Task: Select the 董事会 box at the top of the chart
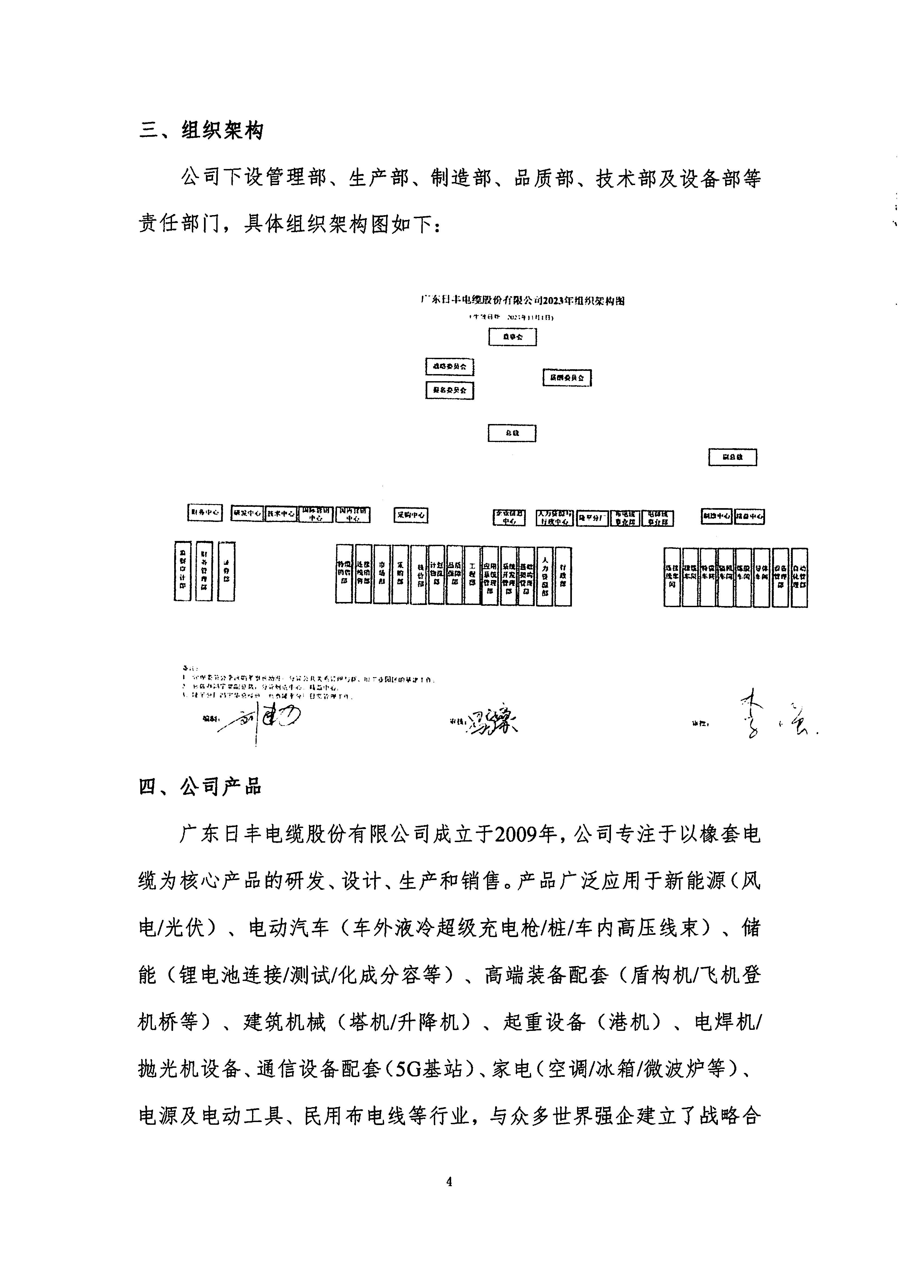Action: [x=512, y=337]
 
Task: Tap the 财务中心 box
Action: [x=205, y=513]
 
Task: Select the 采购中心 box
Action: [x=411, y=515]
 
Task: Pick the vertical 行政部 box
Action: [x=563, y=576]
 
